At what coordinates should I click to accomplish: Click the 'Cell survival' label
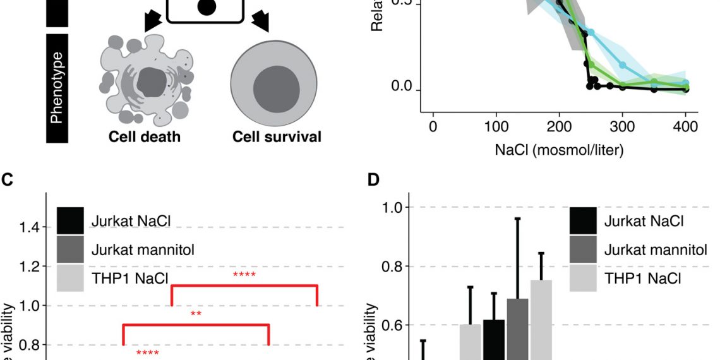pyautogui.click(x=277, y=137)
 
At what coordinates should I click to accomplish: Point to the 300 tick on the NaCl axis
pyautogui.click(x=623, y=126)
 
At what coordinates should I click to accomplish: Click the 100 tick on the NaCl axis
pyautogui.click(x=496, y=126)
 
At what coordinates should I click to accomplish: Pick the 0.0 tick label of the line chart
pyautogui.click(x=402, y=87)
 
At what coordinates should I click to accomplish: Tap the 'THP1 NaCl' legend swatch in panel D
pyautogui.click(x=584, y=278)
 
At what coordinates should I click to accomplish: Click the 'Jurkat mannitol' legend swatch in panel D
pyautogui.click(x=584, y=249)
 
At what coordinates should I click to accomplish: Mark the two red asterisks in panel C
pyautogui.click(x=196, y=313)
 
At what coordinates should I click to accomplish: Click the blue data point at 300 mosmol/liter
pyautogui.click(x=623, y=65)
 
